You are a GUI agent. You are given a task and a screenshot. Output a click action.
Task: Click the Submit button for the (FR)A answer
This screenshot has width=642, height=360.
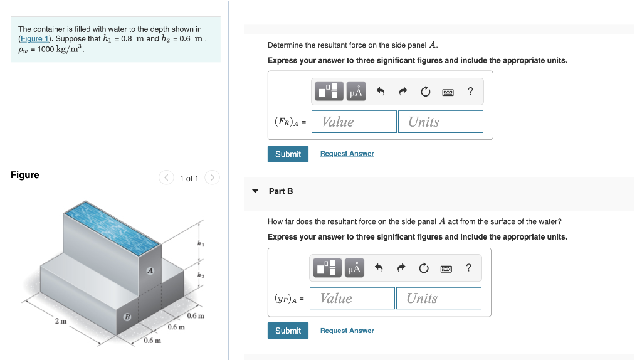click(288, 154)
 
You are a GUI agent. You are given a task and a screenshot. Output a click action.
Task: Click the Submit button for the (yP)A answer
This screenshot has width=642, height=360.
click(288, 331)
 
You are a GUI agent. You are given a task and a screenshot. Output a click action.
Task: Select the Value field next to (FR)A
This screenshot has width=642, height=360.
click(354, 122)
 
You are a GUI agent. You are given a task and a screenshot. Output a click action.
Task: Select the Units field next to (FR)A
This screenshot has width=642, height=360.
click(440, 122)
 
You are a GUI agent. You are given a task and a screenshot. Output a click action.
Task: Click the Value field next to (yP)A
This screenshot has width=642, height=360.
click(352, 299)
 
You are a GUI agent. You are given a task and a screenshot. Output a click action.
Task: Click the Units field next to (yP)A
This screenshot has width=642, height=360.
click(438, 299)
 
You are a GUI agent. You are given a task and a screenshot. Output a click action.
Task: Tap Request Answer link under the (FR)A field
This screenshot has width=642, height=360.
click(347, 154)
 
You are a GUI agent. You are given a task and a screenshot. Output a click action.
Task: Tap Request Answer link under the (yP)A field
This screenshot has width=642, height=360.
click(347, 331)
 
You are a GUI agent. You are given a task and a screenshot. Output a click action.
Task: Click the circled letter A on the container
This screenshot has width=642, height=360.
click(150, 271)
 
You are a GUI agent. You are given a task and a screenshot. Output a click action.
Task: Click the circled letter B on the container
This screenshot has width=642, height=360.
click(127, 317)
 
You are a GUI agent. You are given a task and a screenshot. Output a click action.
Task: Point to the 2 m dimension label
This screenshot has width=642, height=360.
click(60, 321)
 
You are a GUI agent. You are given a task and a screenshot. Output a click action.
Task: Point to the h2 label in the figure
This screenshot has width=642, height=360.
click(201, 275)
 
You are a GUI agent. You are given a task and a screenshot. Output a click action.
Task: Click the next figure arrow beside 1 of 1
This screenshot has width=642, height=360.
click(213, 178)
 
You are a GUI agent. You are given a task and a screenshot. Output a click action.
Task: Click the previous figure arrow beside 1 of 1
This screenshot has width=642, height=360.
click(167, 178)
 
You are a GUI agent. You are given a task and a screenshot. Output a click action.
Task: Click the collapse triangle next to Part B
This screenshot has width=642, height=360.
click(255, 191)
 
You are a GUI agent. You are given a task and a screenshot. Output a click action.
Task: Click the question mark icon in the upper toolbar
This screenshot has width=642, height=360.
click(470, 92)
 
